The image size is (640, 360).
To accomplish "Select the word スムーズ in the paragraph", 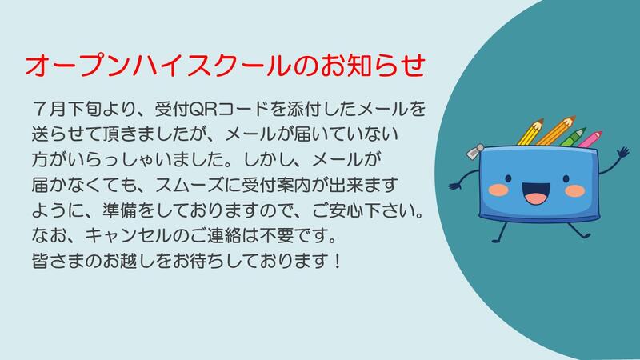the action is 190,185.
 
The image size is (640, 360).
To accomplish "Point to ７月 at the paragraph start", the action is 49,109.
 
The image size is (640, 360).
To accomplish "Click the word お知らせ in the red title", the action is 373,66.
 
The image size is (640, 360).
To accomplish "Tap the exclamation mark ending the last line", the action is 337,262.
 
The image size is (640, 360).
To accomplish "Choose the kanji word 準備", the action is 119,210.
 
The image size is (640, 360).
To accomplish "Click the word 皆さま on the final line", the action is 58,262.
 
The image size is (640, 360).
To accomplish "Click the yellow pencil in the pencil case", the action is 530,132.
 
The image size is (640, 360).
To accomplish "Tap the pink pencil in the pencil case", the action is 590,139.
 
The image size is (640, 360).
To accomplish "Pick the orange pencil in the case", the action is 555,130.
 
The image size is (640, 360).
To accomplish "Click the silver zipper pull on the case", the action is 474,151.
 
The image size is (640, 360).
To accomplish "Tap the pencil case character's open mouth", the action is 536,193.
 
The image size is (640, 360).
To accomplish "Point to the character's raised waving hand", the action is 623,154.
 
